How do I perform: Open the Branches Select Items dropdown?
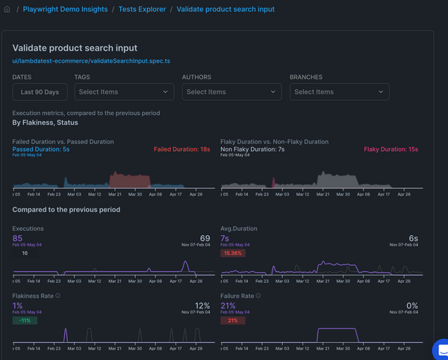340,92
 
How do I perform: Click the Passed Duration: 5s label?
41,149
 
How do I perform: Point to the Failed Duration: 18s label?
181,149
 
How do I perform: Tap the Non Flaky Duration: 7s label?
252,149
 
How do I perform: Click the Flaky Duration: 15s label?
391,149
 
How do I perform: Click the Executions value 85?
18,238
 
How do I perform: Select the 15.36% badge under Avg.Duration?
234,253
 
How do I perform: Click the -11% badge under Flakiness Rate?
25,320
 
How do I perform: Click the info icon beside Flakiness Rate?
58,296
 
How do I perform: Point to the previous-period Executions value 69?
202,238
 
